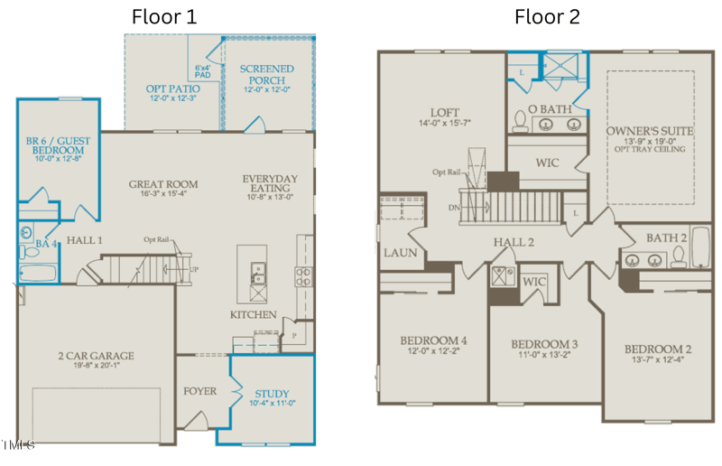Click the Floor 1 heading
click(164, 16)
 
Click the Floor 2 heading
click(547, 16)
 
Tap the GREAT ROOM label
click(163, 184)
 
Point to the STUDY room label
click(272, 394)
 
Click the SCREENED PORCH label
click(267, 74)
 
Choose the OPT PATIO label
click(172, 89)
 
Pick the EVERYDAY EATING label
click(270, 183)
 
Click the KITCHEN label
click(253, 314)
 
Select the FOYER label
click(199, 392)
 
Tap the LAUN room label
click(400, 253)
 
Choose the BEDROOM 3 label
click(544, 344)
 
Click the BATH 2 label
click(668, 237)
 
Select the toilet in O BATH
click(522, 119)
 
